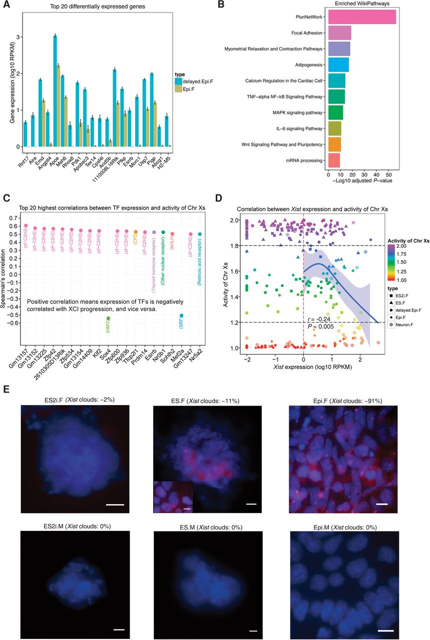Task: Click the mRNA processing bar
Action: coord(333,161)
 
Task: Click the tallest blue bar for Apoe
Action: coord(55,91)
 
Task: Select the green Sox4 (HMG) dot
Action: coord(108,318)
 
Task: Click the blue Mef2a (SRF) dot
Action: coord(182,315)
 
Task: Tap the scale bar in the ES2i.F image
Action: coord(115,504)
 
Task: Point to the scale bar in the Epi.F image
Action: coord(382,504)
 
